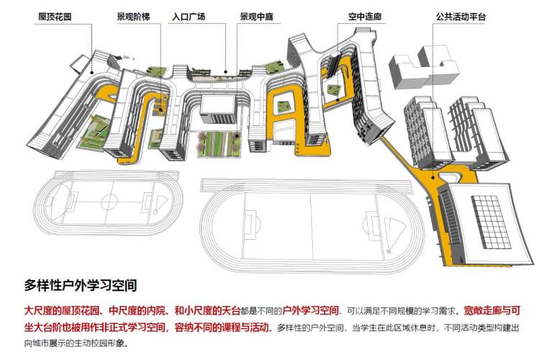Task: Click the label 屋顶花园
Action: coord(59,15)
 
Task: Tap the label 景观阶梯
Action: coord(132,15)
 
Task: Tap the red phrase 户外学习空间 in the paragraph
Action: coord(311,310)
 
